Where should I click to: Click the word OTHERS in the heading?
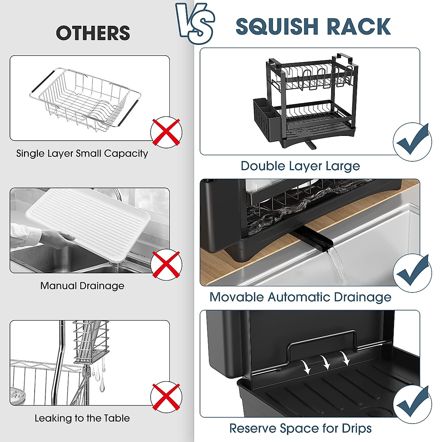(93, 33)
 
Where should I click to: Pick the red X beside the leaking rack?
(166, 396)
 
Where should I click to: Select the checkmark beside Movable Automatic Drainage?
(412, 273)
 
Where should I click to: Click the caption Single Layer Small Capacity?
(82, 154)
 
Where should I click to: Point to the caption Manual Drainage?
(82, 286)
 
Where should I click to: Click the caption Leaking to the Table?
(82, 418)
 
